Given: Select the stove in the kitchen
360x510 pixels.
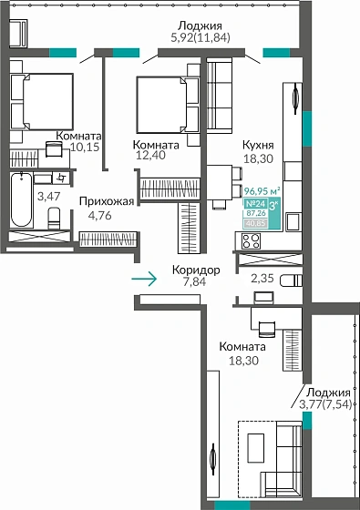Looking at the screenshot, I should pos(249,240).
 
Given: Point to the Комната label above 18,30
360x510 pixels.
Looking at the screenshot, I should pos(242,347).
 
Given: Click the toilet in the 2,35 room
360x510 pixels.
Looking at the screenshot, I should pos(290,279).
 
